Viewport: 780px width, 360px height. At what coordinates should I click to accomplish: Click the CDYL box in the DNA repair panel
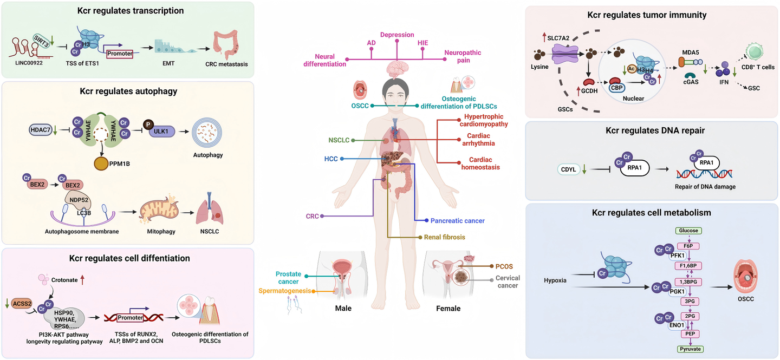click(x=569, y=169)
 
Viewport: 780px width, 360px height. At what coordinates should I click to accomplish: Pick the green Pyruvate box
click(x=690, y=350)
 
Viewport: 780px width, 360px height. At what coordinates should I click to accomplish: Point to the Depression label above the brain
click(x=397, y=35)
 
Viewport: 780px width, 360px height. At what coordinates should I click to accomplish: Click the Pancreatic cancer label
click(x=458, y=221)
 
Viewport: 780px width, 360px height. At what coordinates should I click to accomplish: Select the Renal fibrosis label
click(x=445, y=237)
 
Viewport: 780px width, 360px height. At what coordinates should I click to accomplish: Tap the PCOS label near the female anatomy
click(x=504, y=266)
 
